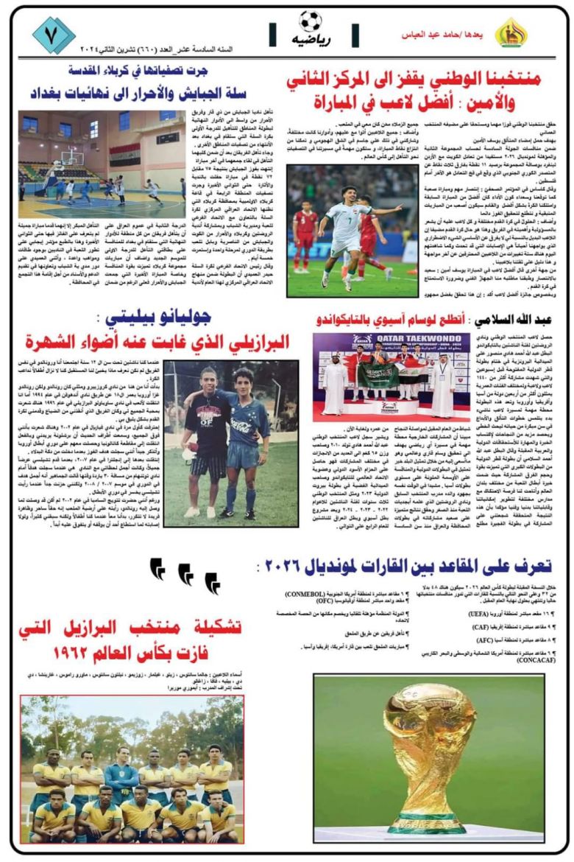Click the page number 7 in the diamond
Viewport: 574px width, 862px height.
click(54, 34)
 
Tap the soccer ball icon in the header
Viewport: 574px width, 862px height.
click(311, 20)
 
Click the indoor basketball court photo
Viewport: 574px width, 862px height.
click(102, 156)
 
